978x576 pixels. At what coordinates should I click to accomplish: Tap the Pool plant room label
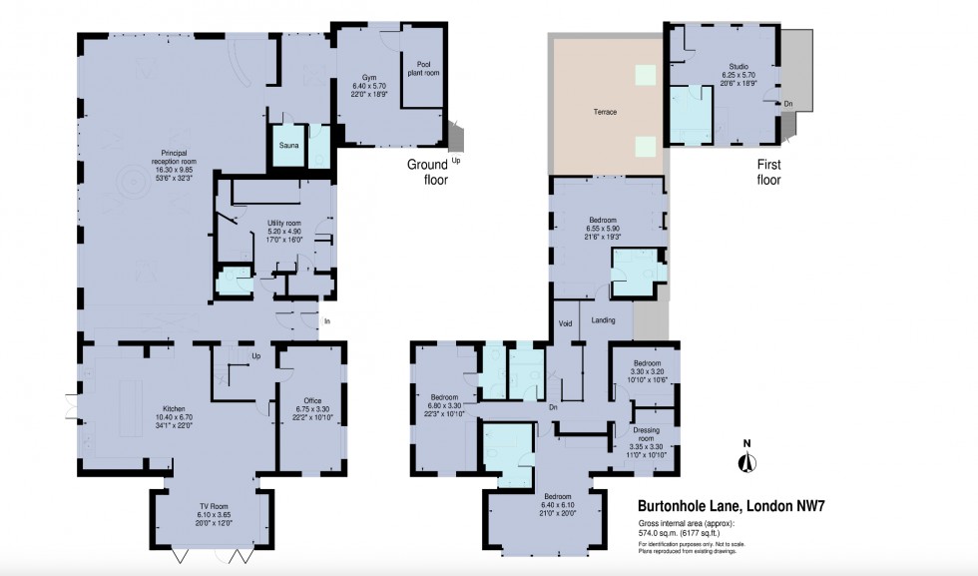pyautogui.click(x=422, y=67)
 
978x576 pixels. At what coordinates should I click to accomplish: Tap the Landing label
pyautogui.click(x=603, y=320)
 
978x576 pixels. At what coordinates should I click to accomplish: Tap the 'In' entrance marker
pyautogui.click(x=326, y=320)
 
